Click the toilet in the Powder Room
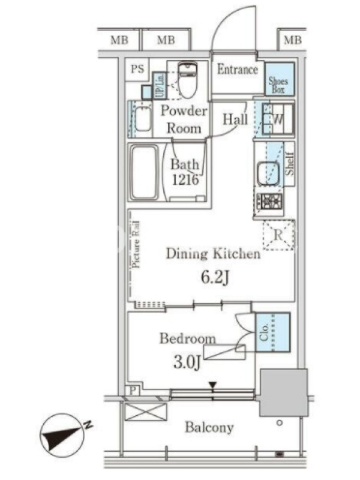187,80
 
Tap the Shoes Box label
278,85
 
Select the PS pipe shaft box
137,69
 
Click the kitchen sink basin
268,173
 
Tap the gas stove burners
269,202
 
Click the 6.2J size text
215,277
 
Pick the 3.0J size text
187,362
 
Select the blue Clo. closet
273,332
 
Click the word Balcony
209,427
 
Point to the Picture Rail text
136,245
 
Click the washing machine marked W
278,119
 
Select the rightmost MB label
293,40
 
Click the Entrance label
238,70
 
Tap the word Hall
235,119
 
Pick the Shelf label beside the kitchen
289,164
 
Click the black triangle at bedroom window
212,385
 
